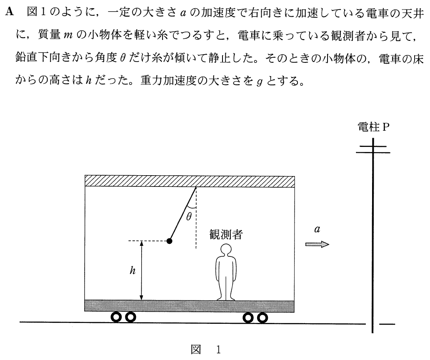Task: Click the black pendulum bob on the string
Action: point(170,241)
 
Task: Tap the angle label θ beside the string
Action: point(189,217)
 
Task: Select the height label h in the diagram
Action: point(133,271)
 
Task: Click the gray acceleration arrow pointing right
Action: point(317,244)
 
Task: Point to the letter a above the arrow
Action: point(317,229)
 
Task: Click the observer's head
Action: point(226,250)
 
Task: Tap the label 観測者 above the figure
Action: point(226,235)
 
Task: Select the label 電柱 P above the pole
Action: point(373,127)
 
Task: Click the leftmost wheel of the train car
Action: point(116,317)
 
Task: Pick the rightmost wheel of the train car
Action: point(262,318)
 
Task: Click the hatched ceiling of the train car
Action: point(190,181)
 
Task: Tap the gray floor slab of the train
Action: point(190,306)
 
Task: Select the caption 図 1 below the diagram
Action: point(206,350)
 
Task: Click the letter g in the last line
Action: point(260,82)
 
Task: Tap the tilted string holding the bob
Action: point(183,213)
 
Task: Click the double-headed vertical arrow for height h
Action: point(142,271)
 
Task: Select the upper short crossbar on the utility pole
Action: point(373,146)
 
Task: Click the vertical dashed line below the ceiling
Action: point(196,218)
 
